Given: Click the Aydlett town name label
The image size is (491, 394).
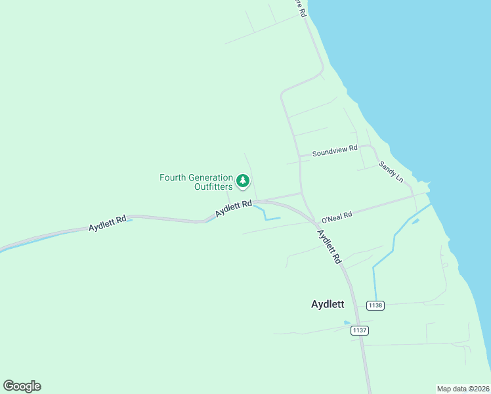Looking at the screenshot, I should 328,305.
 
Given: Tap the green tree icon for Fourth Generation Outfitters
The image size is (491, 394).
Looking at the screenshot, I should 243,180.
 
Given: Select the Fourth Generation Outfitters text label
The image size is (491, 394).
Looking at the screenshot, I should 196,182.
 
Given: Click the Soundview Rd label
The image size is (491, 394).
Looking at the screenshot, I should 335,150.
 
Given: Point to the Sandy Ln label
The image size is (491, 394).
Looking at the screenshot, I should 391,171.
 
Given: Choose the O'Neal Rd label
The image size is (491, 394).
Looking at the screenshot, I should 337,216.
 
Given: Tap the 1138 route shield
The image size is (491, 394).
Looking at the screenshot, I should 375,305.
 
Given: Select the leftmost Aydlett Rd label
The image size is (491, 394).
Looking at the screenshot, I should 107,224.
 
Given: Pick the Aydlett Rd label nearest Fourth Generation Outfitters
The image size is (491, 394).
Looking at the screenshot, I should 234,209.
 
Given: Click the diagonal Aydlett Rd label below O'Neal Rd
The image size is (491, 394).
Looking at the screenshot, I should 330,246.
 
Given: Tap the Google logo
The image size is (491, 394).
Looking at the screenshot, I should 22,385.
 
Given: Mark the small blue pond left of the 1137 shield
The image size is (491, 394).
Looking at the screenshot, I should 347,322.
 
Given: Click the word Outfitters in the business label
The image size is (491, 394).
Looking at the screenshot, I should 213,186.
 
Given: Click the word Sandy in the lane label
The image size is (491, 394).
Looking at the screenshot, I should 387,168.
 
